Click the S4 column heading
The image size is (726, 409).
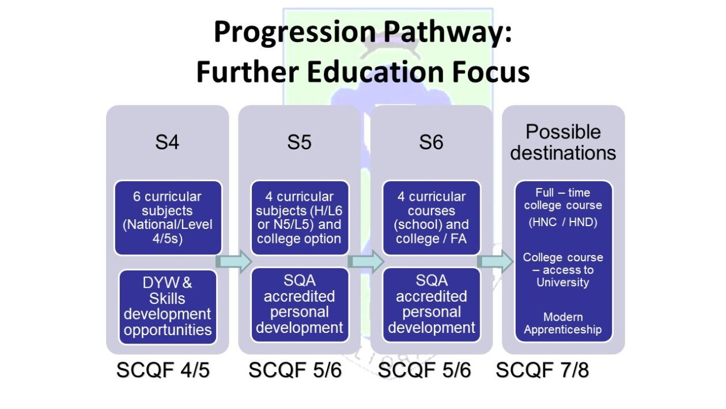pyautogui.click(x=167, y=142)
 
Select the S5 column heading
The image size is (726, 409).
pyautogui.click(x=299, y=142)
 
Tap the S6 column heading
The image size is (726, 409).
pyautogui.click(x=431, y=142)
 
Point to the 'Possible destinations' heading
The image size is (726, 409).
pyautogui.click(x=563, y=142)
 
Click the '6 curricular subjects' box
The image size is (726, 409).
pyautogui.click(x=168, y=218)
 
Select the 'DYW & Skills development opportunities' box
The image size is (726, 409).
pyautogui.click(x=168, y=307)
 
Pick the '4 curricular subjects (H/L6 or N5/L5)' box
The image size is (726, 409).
pyautogui.click(x=300, y=218)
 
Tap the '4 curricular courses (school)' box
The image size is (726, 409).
pyautogui.click(x=432, y=218)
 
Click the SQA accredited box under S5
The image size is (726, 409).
pyautogui.click(x=300, y=305)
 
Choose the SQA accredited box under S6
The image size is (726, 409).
pyautogui.click(x=432, y=305)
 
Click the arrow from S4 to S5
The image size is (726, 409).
pyautogui.click(x=234, y=262)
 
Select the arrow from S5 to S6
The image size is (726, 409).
pyautogui.click(x=366, y=262)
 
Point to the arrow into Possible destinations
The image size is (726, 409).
pyautogui.click(x=496, y=262)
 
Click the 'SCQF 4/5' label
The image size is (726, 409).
pyautogui.click(x=163, y=370)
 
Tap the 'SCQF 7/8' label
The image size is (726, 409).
pyautogui.click(x=542, y=370)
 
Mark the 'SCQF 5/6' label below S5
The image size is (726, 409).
pyautogui.click(x=295, y=370)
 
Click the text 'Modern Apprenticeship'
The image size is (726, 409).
pyautogui.click(x=562, y=323)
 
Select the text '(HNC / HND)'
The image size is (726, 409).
pyautogui.click(x=563, y=222)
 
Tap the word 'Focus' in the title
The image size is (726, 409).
pyautogui.click(x=491, y=72)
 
